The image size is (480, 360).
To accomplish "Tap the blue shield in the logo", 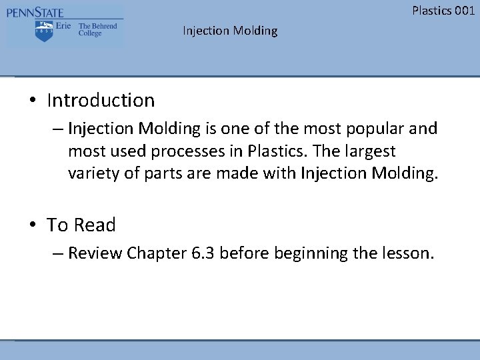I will coord(44,30).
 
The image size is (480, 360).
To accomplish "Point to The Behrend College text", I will coord(97,29).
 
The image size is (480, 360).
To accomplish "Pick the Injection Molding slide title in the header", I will coord(230,31).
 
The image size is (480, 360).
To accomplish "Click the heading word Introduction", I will coord(101,101).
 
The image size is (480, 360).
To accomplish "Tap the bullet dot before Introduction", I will coord(32,101).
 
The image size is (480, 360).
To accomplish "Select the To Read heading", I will coord(81,225).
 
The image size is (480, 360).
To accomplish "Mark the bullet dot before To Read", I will coord(32,226).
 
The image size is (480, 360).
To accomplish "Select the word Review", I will coord(95,253).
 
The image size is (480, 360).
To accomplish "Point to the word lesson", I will coord(407,253).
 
